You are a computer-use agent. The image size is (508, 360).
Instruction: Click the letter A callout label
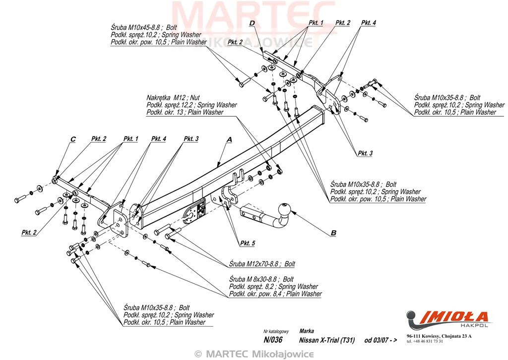point(229,140)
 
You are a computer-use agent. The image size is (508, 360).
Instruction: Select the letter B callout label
point(333,232)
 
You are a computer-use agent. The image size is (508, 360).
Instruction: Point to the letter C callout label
point(73,139)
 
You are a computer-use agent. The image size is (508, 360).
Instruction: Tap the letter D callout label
point(252,23)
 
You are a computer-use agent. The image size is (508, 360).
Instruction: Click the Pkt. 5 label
point(248,243)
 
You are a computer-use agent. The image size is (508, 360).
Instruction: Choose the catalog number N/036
point(273,340)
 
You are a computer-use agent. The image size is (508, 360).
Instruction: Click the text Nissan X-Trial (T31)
point(326,340)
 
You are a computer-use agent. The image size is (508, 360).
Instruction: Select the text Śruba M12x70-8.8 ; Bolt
point(262,264)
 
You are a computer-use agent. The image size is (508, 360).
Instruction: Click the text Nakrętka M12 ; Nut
point(173,97)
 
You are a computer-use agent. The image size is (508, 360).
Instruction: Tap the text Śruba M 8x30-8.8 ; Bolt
point(261,279)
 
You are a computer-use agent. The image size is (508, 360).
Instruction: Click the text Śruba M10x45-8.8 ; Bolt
point(144,27)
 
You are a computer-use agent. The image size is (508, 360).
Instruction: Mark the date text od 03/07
point(377,340)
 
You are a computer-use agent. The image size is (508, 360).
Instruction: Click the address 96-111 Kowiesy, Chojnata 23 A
point(439,336)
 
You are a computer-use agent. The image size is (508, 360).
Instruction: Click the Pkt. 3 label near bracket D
point(365,153)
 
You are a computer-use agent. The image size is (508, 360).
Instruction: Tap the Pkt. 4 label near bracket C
point(158,139)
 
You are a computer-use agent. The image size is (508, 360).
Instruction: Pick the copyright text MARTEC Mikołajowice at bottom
point(254,354)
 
